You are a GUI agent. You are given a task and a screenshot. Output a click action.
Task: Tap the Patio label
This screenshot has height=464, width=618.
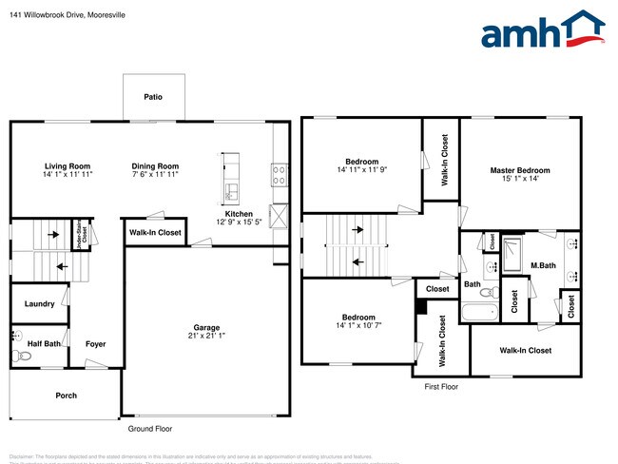[152, 97]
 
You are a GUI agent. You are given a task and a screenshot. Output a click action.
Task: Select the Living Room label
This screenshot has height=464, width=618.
[67, 166]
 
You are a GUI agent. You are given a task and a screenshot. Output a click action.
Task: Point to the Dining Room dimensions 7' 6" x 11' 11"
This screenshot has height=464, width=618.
[155, 175]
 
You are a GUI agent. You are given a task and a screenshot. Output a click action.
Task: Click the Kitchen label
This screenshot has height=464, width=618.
[239, 213]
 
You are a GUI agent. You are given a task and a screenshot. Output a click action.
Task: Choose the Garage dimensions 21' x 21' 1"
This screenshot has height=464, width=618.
[206, 337]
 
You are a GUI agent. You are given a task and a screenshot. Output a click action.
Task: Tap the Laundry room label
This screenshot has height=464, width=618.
[39, 304]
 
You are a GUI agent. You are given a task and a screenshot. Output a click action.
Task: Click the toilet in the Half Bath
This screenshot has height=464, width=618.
[23, 355]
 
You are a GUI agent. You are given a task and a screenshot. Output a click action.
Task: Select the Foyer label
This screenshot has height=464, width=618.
[95, 343]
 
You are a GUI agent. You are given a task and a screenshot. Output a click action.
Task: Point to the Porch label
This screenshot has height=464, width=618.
[66, 396]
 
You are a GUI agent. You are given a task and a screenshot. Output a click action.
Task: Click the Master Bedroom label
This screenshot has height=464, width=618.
[520, 170]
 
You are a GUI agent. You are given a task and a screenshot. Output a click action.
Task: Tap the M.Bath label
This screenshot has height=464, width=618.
[543, 265]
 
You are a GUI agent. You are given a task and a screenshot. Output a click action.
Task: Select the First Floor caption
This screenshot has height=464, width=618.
[441, 387]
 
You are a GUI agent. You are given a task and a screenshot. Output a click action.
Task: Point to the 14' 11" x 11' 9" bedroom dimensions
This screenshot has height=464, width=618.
[361, 170]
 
